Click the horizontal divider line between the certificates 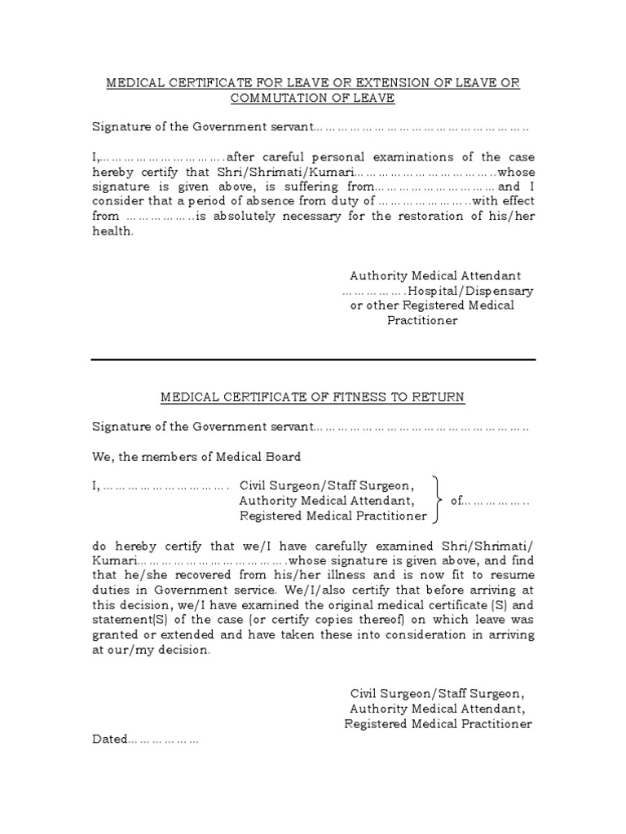313,359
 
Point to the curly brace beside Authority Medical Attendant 438,500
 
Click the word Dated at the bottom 109,740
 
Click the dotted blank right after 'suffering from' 435,187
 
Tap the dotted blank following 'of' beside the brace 497,500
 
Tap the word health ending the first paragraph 111,231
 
